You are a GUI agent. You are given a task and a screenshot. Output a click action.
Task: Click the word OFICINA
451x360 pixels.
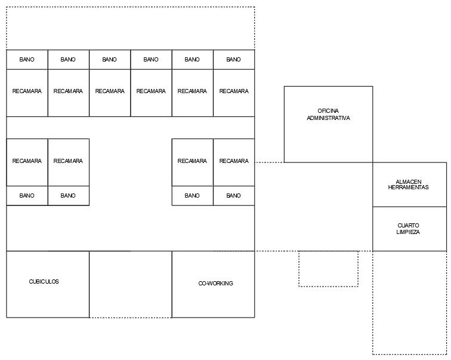(328, 111)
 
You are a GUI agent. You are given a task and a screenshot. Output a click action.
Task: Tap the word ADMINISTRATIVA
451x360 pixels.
(328, 118)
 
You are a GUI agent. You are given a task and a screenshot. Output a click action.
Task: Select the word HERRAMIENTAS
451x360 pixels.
(408, 187)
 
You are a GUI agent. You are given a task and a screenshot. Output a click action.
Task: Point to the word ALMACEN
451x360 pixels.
(408, 181)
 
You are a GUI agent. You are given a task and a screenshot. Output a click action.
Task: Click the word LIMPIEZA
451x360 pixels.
(408, 232)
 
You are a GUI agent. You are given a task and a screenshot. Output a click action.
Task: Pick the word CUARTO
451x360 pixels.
(408, 226)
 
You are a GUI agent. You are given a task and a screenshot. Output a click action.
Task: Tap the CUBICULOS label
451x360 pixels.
(44, 282)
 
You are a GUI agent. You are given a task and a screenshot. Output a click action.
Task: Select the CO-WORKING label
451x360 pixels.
(215, 284)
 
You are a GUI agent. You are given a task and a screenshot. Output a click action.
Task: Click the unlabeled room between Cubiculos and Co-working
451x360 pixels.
(130, 284)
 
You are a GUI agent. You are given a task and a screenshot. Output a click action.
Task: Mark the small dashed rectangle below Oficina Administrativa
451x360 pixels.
(328, 269)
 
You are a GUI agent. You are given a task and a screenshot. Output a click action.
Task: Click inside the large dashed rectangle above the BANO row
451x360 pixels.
(130, 28)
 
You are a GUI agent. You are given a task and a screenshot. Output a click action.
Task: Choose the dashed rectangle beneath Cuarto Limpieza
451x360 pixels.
(409, 302)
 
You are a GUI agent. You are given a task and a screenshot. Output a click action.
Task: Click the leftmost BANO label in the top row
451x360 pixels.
(27, 60)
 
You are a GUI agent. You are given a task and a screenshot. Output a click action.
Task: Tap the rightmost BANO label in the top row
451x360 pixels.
(234, 60)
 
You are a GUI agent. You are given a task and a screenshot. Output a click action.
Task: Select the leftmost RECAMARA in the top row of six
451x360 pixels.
(27, 91)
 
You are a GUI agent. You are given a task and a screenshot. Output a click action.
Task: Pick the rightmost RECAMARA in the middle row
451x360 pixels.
(234, 161)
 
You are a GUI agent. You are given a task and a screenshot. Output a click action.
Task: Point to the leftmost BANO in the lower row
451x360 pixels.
(27, 196)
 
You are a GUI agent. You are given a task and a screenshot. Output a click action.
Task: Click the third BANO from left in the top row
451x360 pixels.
(110, 60)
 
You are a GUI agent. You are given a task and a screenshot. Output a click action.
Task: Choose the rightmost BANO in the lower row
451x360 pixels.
(234, 196)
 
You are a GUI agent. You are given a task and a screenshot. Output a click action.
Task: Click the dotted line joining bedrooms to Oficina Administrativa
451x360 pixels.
(269, 162)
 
